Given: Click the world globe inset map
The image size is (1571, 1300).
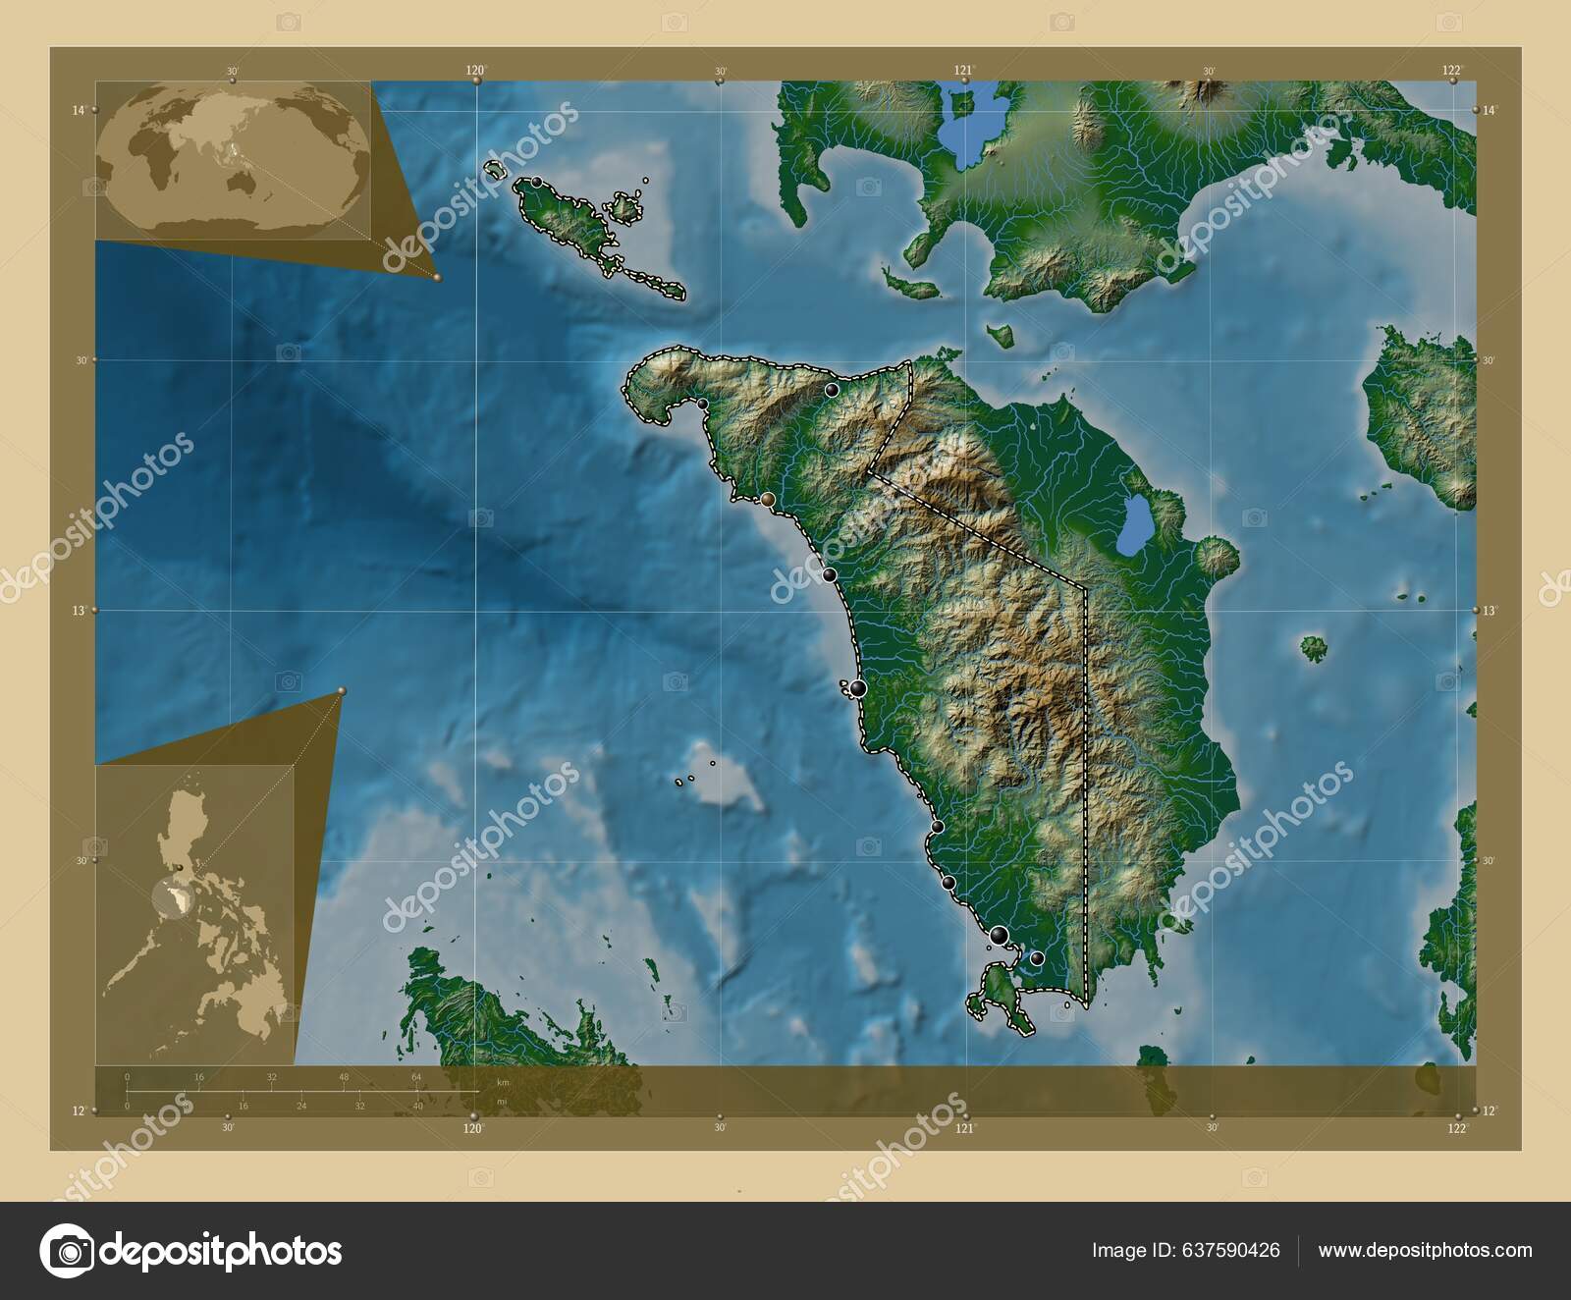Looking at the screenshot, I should point(233,159).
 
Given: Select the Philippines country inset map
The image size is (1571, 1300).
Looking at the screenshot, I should point(194,915).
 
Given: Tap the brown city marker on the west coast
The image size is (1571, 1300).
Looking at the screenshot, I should point(768,500).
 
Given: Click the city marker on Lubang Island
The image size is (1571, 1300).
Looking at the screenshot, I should point(537,183).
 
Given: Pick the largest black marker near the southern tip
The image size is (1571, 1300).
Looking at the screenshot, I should point(1000,935).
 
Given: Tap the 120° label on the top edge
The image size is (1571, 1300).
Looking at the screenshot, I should point(475,70).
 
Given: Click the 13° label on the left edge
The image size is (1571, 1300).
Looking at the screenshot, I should point(79,610).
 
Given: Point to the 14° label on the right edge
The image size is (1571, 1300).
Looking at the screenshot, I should point(1490,110).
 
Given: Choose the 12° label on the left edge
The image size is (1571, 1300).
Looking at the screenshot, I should point(79,1110).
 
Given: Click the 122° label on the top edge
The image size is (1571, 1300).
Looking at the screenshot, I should point(1452,70).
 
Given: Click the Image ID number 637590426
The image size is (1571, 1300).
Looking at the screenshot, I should point(1185,1250).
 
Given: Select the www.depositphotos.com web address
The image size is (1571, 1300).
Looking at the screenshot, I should point(1425,1250).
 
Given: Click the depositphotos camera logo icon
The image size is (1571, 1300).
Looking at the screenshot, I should point(67,1251).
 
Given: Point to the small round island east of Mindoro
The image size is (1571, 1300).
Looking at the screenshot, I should point(1314,647).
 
